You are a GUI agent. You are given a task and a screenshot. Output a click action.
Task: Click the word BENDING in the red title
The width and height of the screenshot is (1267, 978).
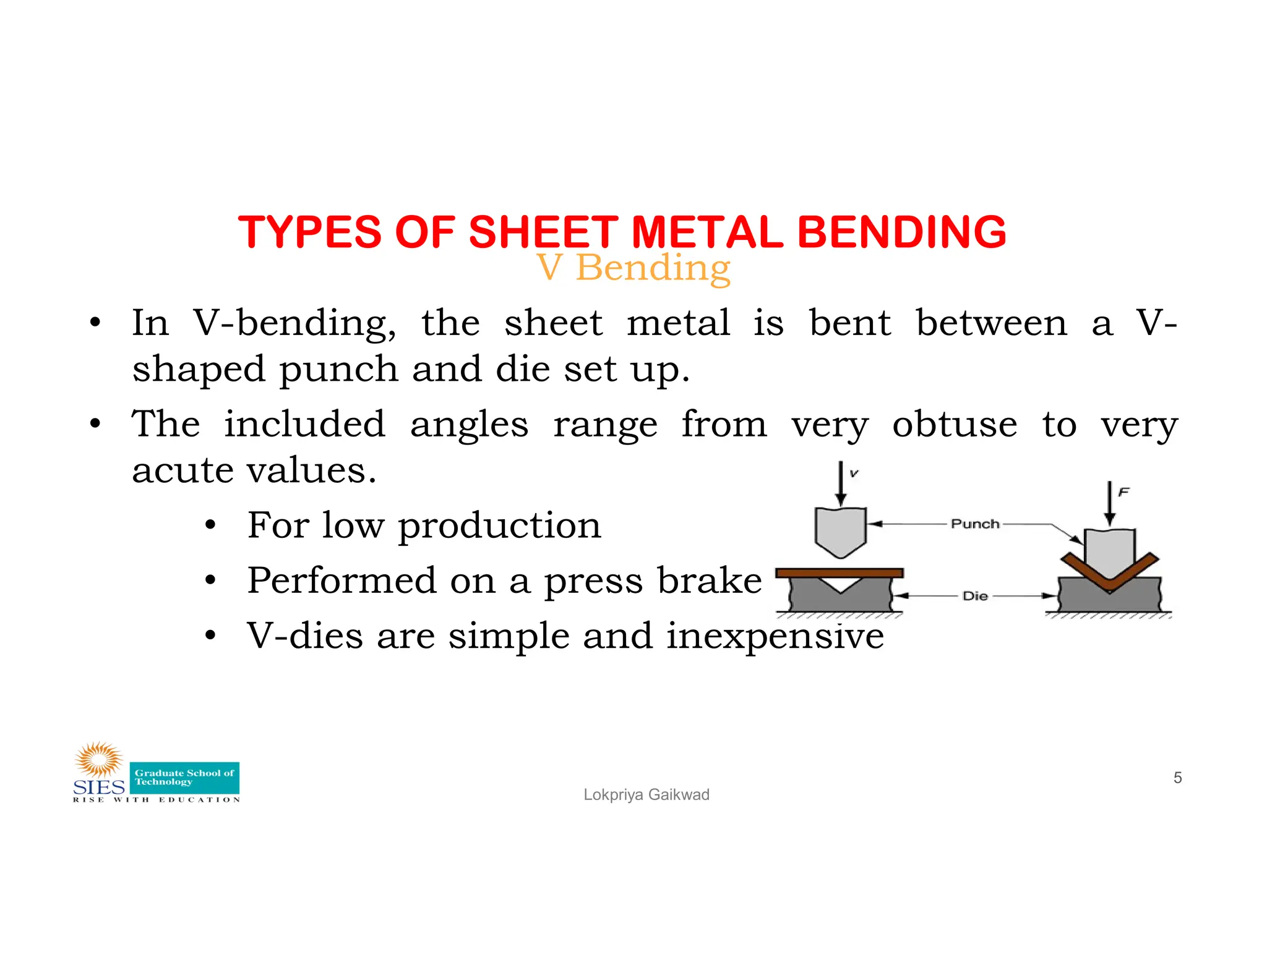click(x=901, y=232)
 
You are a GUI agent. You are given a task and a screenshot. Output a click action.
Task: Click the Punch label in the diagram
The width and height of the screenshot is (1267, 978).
click(x=974, y=524)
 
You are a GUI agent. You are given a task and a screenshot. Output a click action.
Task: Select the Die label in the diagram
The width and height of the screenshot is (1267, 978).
click(x=975, y=596)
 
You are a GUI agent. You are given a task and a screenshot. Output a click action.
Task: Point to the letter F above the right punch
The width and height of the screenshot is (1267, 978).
click(x=1123, y=492)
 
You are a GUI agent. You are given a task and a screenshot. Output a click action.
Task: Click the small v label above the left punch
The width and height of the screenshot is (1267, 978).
click(x=854, y=474)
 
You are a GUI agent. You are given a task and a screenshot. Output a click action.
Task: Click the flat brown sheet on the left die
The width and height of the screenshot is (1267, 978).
click(x=839, y=573)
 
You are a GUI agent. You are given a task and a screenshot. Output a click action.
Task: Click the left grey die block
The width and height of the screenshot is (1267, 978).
click(x=804, y=596)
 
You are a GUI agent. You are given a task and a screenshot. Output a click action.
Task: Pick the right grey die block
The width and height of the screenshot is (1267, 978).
click(x=1138, y=597)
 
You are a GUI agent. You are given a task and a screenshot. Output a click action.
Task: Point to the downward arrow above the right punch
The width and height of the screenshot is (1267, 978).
click(x=1110, y=504)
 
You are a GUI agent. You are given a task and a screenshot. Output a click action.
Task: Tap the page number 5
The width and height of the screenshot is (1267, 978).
click(x=1177, y=778)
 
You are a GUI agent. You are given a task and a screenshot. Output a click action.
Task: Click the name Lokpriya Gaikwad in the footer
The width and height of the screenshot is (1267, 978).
click(x=646, y=795)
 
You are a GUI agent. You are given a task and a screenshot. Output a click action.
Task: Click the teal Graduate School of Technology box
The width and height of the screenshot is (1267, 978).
click(x=184, y=778)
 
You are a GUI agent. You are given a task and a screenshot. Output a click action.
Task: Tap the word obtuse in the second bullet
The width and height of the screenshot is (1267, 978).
click(x=954, y=425)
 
